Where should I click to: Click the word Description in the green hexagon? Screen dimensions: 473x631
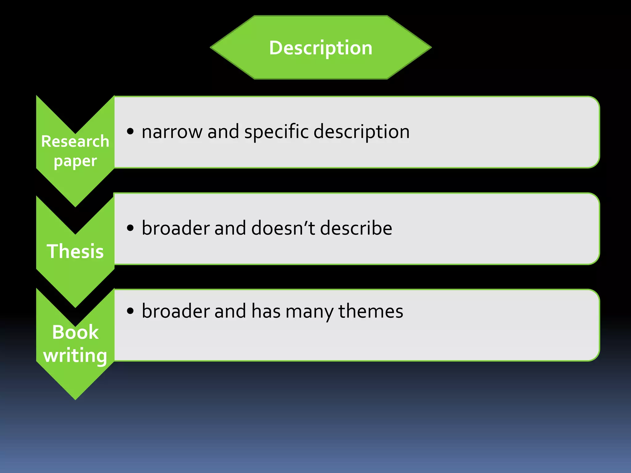(320, 48)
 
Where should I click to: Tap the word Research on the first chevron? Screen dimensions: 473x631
(75, 141)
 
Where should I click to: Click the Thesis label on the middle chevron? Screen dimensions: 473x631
(75, 251)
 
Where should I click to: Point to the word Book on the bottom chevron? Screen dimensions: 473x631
(75, 332)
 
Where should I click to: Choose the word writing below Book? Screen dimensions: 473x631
(75, 356)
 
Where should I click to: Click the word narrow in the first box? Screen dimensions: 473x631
(172, 132)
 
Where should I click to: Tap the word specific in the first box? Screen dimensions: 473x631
(276, 132)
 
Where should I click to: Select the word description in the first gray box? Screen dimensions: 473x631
(361, 132)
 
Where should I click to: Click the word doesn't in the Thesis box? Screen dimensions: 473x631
(283, 228)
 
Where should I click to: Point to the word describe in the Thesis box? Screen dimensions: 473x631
(356, 228)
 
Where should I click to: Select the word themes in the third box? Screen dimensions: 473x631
(371, 311)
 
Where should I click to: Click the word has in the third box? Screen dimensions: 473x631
(266, 311)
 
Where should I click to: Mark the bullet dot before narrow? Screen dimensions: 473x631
(130, 131)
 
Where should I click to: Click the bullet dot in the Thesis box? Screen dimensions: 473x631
(130, 228)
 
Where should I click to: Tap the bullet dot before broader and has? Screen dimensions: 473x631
(130, 311)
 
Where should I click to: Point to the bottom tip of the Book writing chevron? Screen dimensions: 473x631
(75, 399)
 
